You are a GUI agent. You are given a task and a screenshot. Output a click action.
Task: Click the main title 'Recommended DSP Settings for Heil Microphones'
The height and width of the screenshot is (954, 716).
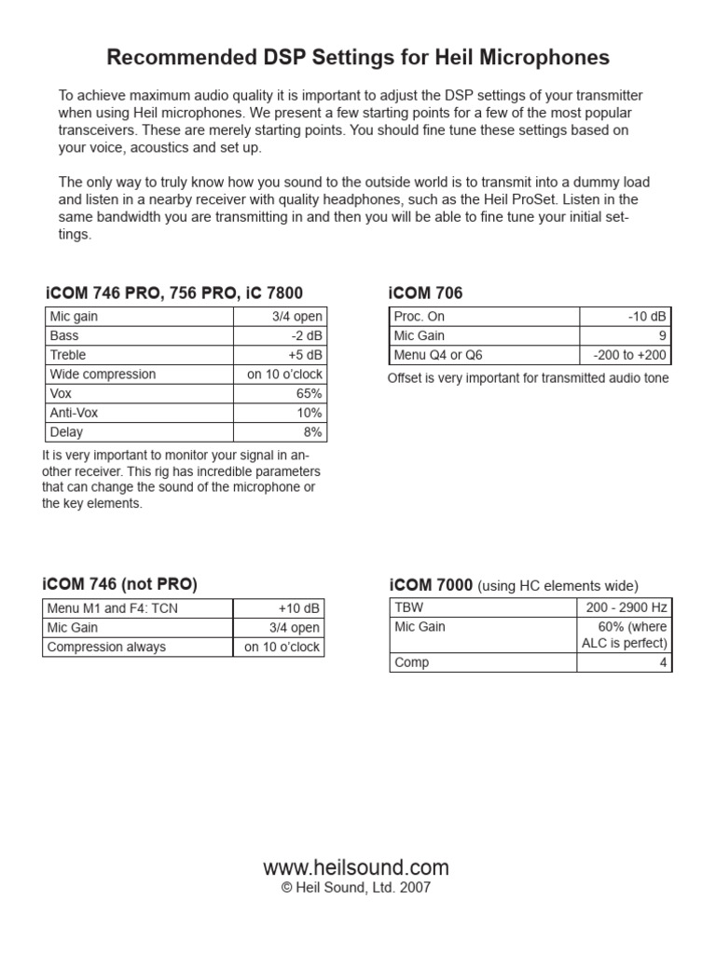[x=358, y=58]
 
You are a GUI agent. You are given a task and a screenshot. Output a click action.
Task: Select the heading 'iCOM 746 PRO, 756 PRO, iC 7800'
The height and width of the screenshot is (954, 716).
[x=172, y=293]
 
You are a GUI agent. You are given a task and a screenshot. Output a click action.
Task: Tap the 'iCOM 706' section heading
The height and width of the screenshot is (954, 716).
[x=425, y=293]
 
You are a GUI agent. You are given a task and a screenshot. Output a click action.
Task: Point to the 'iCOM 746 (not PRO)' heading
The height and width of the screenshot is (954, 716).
[x=119, y=584]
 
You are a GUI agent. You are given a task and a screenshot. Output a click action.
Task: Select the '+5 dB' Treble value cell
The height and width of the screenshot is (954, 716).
[x=305, y=355]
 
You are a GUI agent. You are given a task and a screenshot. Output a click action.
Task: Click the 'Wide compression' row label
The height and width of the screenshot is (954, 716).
[x=103, y=375]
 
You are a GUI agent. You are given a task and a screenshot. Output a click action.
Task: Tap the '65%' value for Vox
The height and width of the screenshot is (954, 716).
[x=310, y=394]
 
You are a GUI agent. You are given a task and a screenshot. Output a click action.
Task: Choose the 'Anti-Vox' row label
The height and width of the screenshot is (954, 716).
[x=72, y=413]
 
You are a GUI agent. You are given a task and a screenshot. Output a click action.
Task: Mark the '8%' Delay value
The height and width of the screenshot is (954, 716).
[x=312, y=432]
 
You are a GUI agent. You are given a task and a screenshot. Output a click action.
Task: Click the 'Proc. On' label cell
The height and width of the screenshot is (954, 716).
[x=420, y=317]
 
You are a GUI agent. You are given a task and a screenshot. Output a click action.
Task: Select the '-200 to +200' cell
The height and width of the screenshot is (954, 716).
[x=630, y=355]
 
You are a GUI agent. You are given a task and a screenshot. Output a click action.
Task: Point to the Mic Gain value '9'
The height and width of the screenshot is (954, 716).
[x=663, y=335]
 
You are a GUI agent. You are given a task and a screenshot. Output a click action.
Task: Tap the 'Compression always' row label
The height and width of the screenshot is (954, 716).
[x=106, y=647]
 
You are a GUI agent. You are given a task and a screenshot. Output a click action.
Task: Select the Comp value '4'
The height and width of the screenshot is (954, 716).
[x=663, y=662]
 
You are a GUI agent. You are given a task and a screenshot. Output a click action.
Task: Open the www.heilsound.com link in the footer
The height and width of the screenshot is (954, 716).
[x=356, y=867]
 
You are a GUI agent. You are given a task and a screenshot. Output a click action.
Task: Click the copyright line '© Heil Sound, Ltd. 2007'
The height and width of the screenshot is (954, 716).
[x=356, y=889]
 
